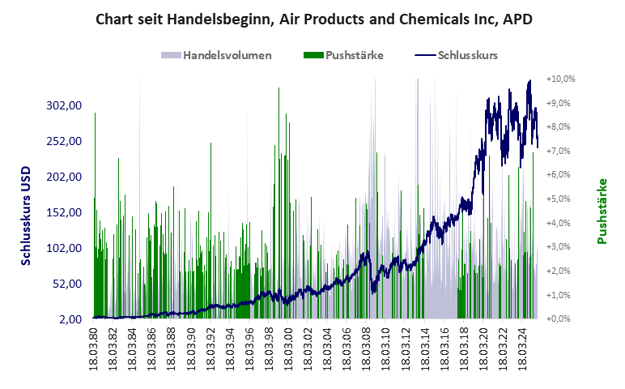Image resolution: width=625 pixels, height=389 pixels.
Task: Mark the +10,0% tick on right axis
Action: pos(560,79)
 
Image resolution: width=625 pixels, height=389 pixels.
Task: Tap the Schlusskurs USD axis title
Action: pos(27,212)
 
